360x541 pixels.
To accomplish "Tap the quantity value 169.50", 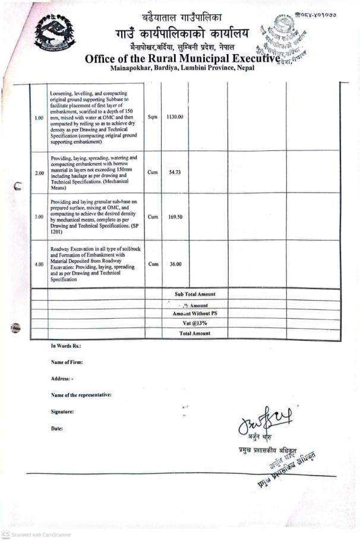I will [175, 217].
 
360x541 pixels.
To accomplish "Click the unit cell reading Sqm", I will [153, 117].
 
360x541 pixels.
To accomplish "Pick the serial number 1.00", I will [39, 118].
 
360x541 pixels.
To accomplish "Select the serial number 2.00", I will [39, 173].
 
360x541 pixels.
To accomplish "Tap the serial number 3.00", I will [39, 217].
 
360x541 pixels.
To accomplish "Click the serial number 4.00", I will [39, 264].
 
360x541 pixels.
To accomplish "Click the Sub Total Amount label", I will [195, 294].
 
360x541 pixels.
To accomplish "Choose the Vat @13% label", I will [195, 323].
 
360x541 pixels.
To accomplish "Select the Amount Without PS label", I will [195, 313].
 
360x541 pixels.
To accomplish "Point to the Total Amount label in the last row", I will [195, 334].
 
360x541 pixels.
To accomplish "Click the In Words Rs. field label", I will [66, 346].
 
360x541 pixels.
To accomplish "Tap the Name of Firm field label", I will [67, 362].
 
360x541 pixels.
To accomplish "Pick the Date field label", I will [57, 428].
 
